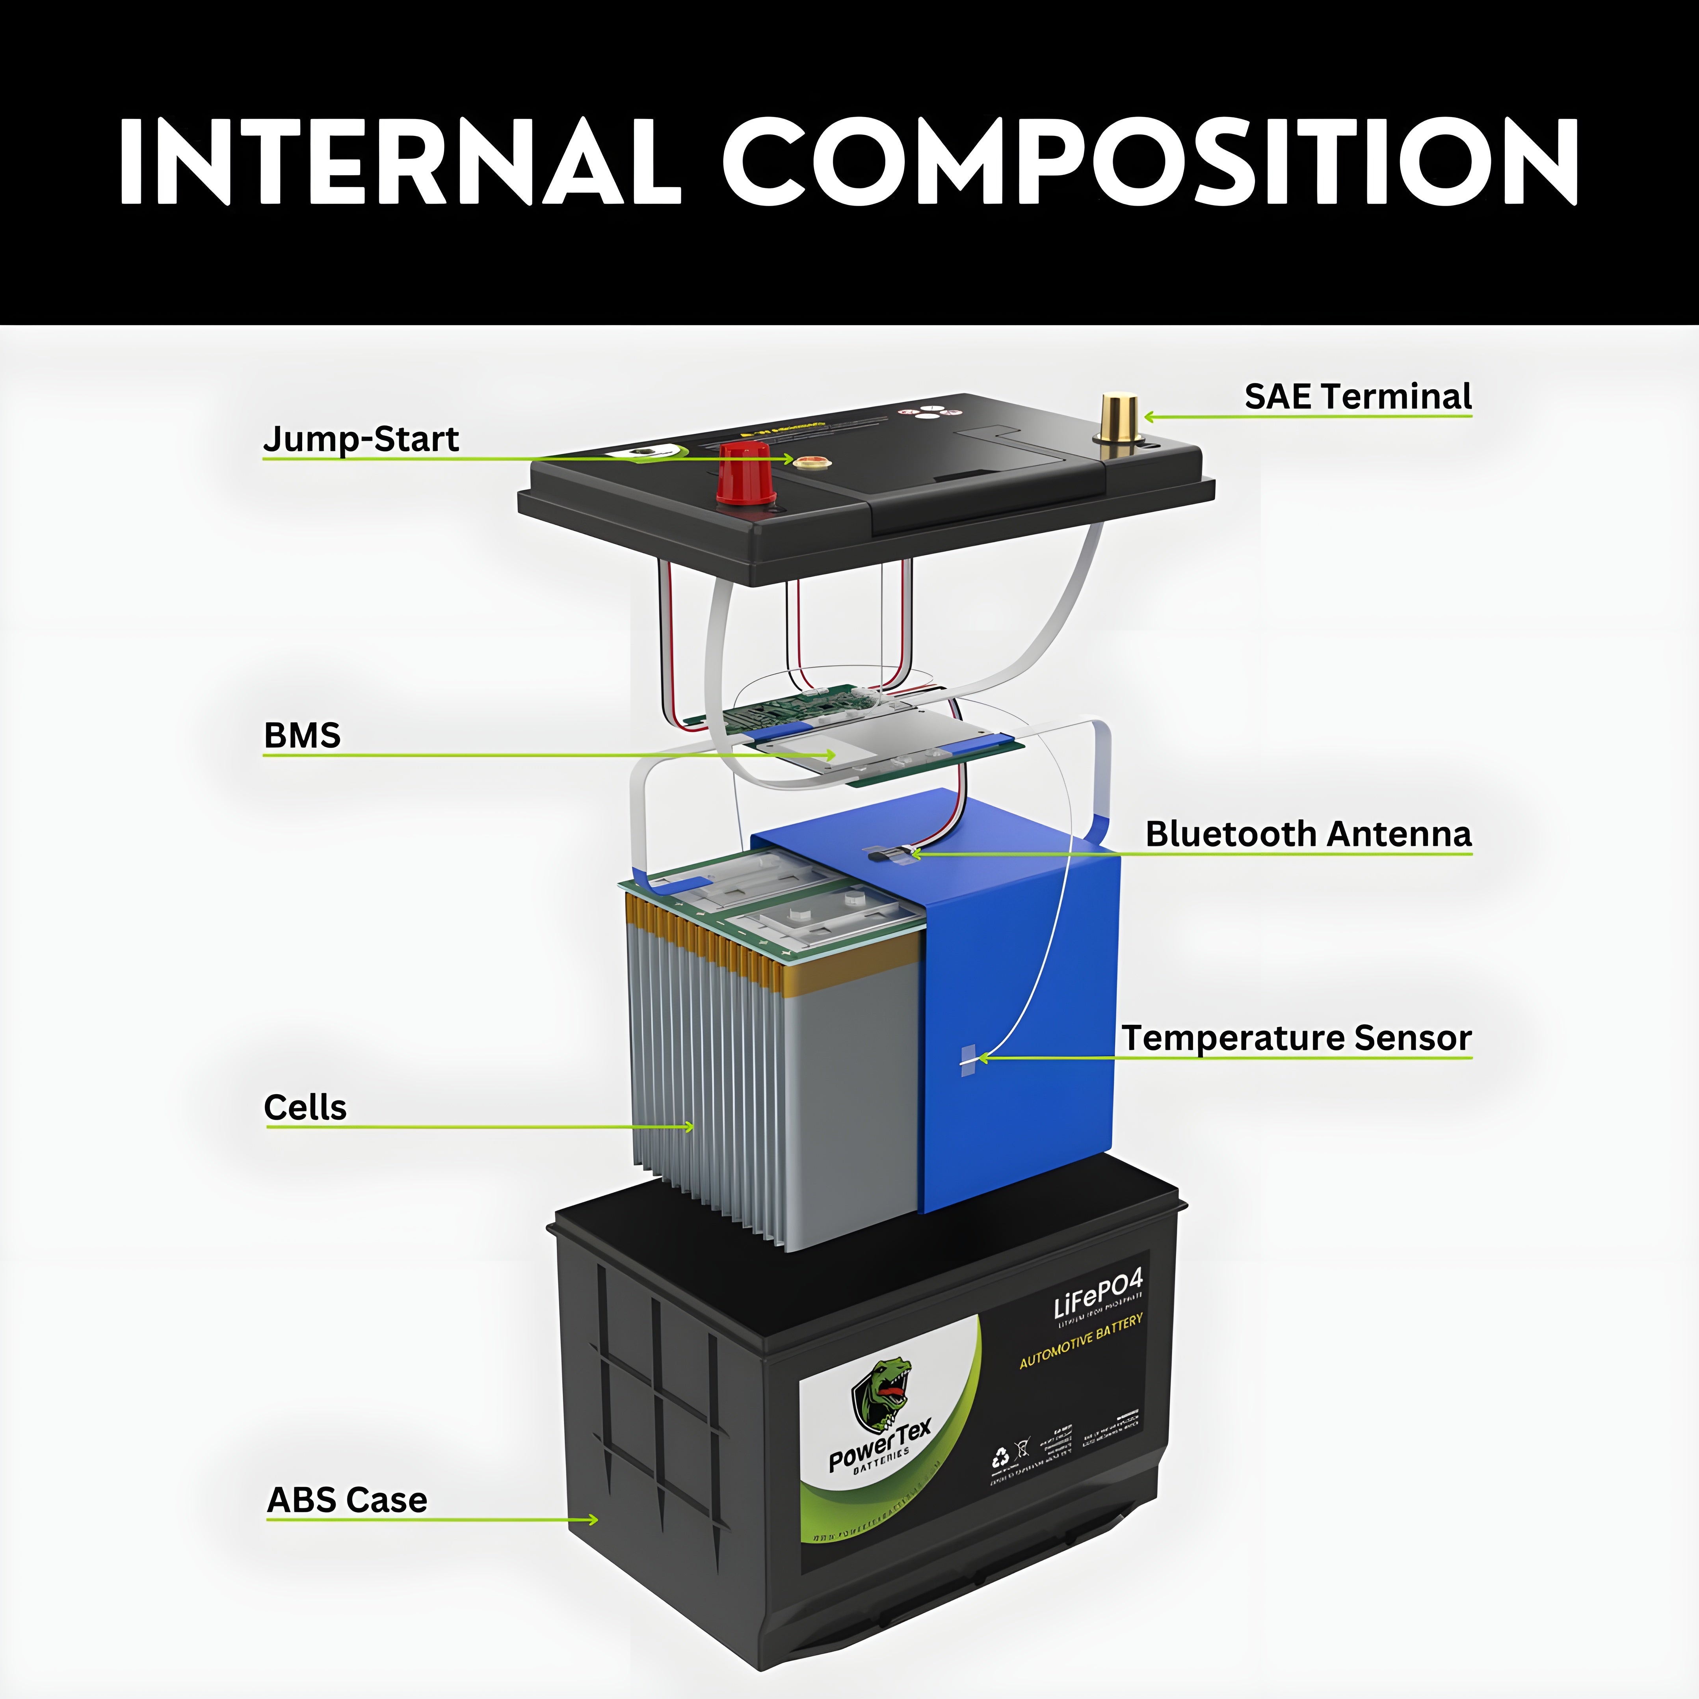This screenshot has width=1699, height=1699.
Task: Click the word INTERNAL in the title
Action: [400, 163]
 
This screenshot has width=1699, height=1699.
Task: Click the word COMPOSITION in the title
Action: [1150, 163]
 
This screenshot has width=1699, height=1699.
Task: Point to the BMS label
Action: [302, 735]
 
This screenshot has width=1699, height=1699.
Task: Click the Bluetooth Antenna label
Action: [1308, 834]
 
